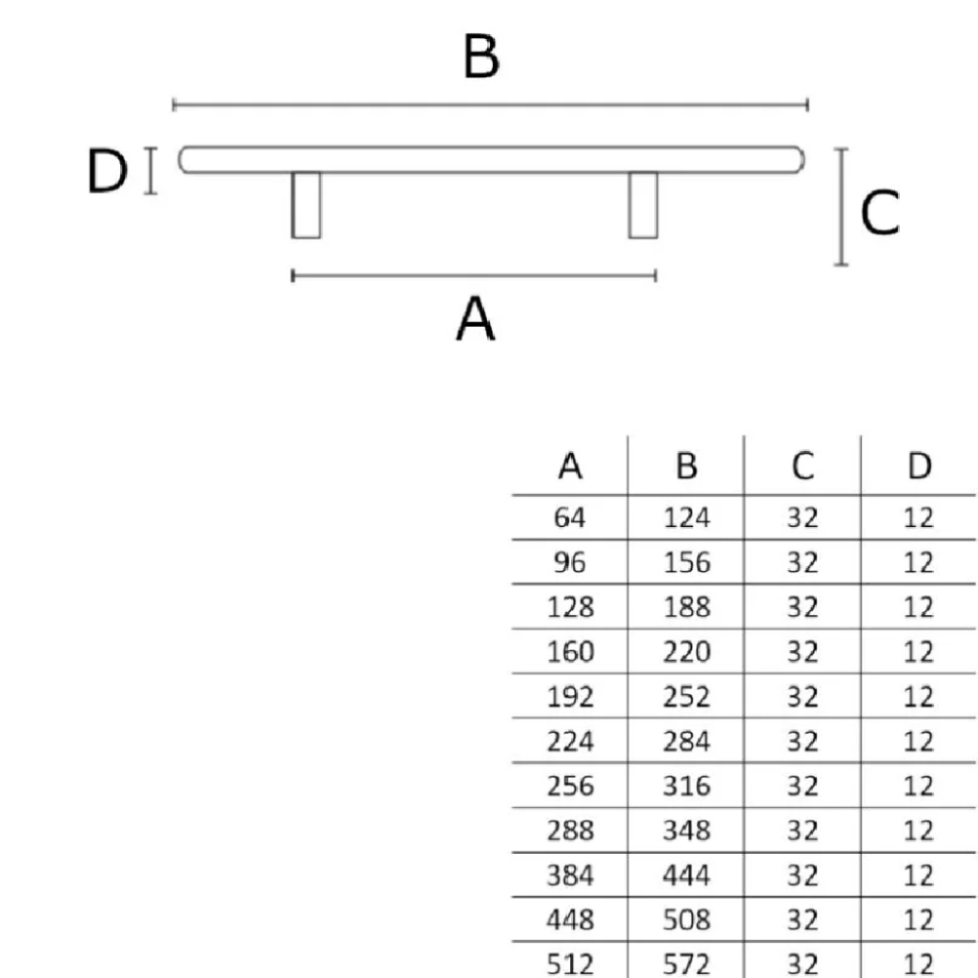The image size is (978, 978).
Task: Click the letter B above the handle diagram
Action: pos(481,56)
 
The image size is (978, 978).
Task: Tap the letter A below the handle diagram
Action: pos(475,318)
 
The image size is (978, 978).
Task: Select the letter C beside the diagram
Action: pos(879,212)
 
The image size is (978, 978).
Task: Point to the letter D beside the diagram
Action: pos(107,170)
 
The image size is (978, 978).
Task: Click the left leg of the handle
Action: pos(305,204)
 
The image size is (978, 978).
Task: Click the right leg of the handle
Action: pos(644,204)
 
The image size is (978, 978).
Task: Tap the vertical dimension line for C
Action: pos(841,207)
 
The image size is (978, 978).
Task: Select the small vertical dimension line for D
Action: pos(151,171)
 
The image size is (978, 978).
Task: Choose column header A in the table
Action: pos(570,466)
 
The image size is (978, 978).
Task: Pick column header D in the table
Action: pos(919,466)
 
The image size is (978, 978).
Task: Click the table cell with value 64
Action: pos(569,517)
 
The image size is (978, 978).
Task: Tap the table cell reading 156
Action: pos(687,562)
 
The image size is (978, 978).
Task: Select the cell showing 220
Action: pos(687,651)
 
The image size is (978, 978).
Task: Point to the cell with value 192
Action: pos(570,696)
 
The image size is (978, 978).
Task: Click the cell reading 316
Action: pos(687,786)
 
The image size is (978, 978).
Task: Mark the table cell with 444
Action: pos(687,875)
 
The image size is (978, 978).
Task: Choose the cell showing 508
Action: pos(687,920)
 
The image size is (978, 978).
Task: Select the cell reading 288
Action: pos(570,830)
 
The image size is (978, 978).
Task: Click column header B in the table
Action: pos(687,466)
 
